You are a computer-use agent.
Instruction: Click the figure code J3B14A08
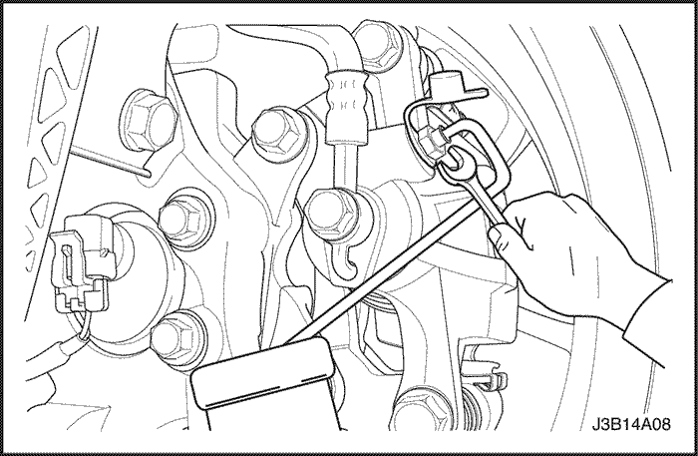coord(631,424)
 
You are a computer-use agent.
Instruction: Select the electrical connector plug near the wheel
coord(83,262)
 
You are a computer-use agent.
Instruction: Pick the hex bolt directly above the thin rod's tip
coord(149,120)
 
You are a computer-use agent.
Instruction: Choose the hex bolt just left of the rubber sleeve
coord(276,132)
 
